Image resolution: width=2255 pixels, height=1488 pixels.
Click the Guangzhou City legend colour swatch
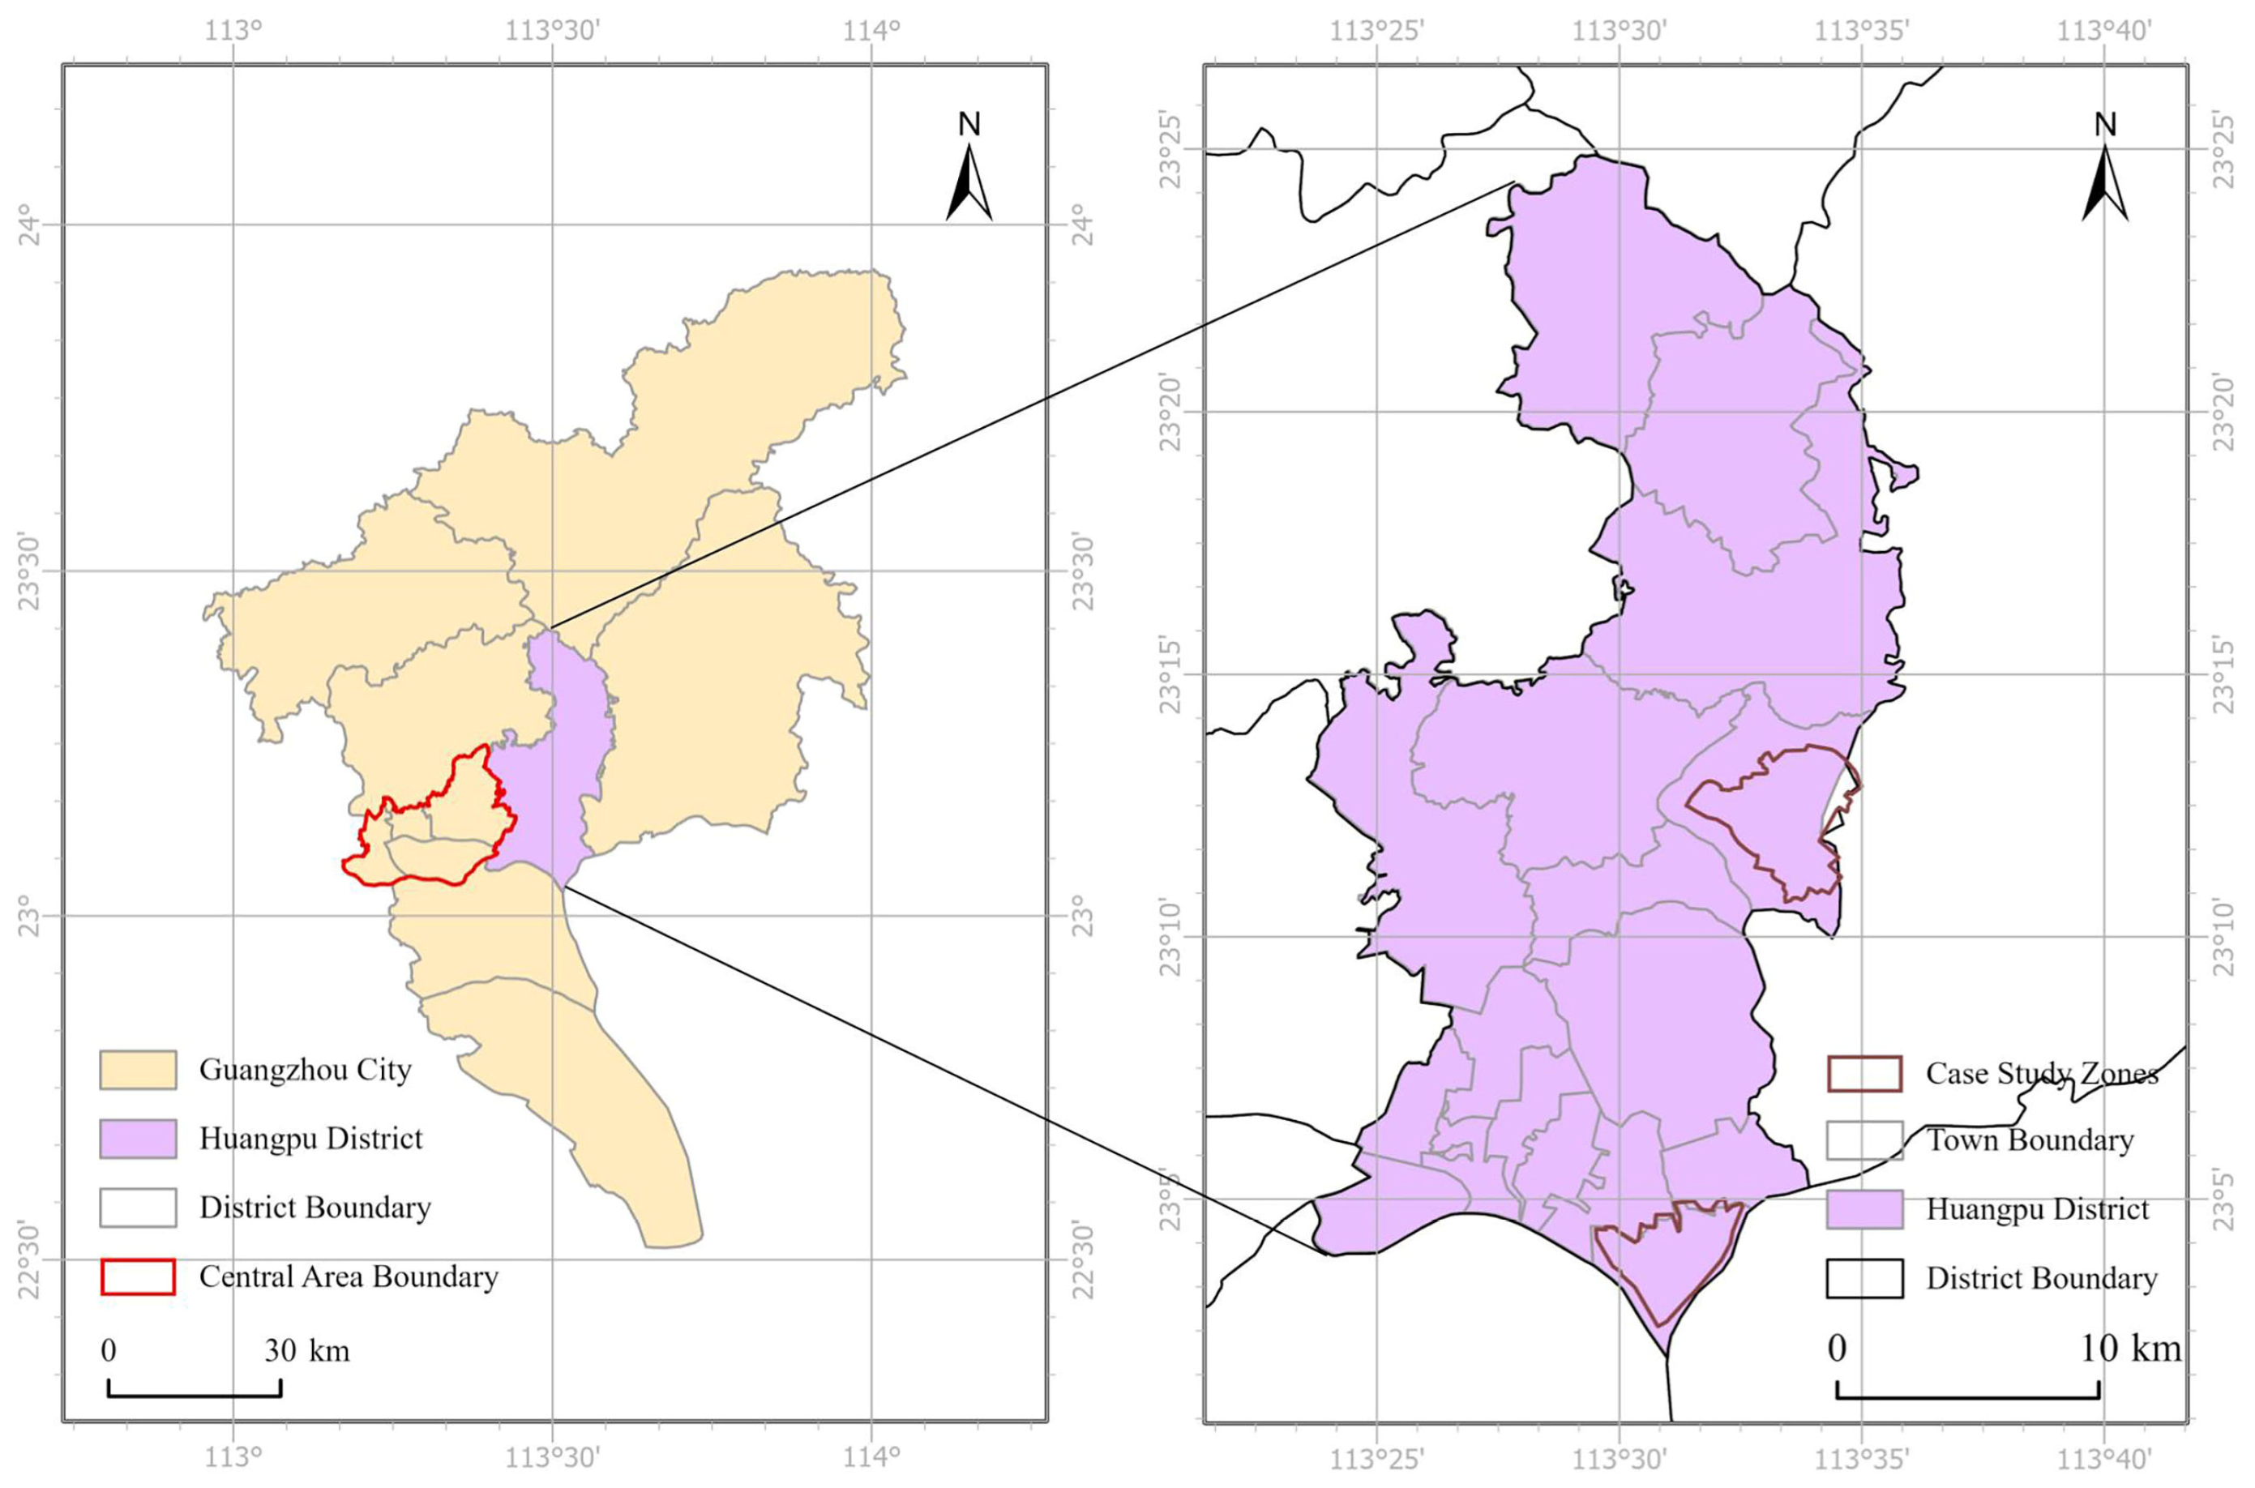(138, 1070)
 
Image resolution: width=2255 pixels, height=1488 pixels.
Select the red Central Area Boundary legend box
(138, 1276)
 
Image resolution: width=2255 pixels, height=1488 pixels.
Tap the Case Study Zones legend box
(1864, 1073)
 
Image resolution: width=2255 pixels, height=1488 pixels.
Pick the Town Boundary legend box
(1864, 1140)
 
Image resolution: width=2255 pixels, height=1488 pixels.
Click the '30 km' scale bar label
(306, 1350)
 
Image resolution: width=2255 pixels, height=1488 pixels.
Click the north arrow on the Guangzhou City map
(969, 180)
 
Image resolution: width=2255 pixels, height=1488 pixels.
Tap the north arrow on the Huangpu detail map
(2105, 180)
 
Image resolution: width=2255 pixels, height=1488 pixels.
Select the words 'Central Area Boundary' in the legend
(349, 1276)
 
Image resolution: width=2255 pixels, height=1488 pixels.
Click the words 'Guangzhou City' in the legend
(305, 1070)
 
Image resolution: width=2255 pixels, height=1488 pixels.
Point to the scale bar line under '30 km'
(195, 1396)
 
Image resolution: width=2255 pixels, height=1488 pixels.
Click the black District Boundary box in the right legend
(1864, 1278)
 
